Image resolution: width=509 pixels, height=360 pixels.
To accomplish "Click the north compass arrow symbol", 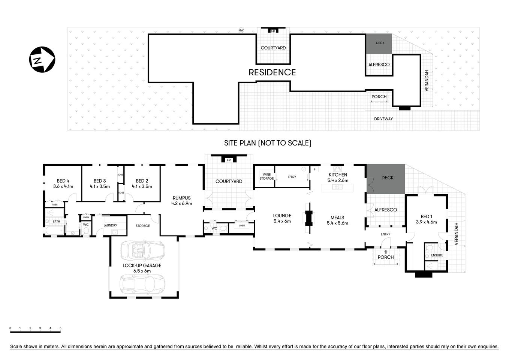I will [x=42, y=60].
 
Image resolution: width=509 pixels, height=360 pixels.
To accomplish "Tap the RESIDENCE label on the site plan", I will [x=272, y=72].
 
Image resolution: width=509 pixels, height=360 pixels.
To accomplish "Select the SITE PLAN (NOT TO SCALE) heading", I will [x=268, y=143].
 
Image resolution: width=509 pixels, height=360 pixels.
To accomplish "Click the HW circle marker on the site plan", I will [x=241, y=30].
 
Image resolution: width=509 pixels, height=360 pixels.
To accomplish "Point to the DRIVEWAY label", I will [x=383, y=119].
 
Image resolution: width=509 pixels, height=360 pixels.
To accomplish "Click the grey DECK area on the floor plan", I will [x=386, y=179].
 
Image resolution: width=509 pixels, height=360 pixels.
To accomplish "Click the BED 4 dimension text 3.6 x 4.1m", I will [x=63, y=186].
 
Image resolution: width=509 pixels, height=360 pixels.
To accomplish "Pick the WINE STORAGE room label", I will [x=266, y=177].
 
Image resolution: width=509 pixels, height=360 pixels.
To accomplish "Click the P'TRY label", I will [x=292, y=177].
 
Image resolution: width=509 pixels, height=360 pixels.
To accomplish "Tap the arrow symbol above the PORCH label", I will [x=386, y=252].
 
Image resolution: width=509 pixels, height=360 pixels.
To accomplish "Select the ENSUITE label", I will [x=437, y=255].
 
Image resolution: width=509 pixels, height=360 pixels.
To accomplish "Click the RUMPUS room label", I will [x=181, y=198].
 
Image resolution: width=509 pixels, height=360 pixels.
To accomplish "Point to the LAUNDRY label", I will [x=110, y=225].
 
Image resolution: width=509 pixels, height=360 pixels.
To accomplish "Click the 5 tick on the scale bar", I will [x=60, y=328].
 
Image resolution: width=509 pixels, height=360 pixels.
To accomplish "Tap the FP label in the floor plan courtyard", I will [x=228, y=160].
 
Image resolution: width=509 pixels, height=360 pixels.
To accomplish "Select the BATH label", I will [x=56, y=222].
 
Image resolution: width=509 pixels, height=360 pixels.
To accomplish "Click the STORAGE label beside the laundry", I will [x=142, y=226].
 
